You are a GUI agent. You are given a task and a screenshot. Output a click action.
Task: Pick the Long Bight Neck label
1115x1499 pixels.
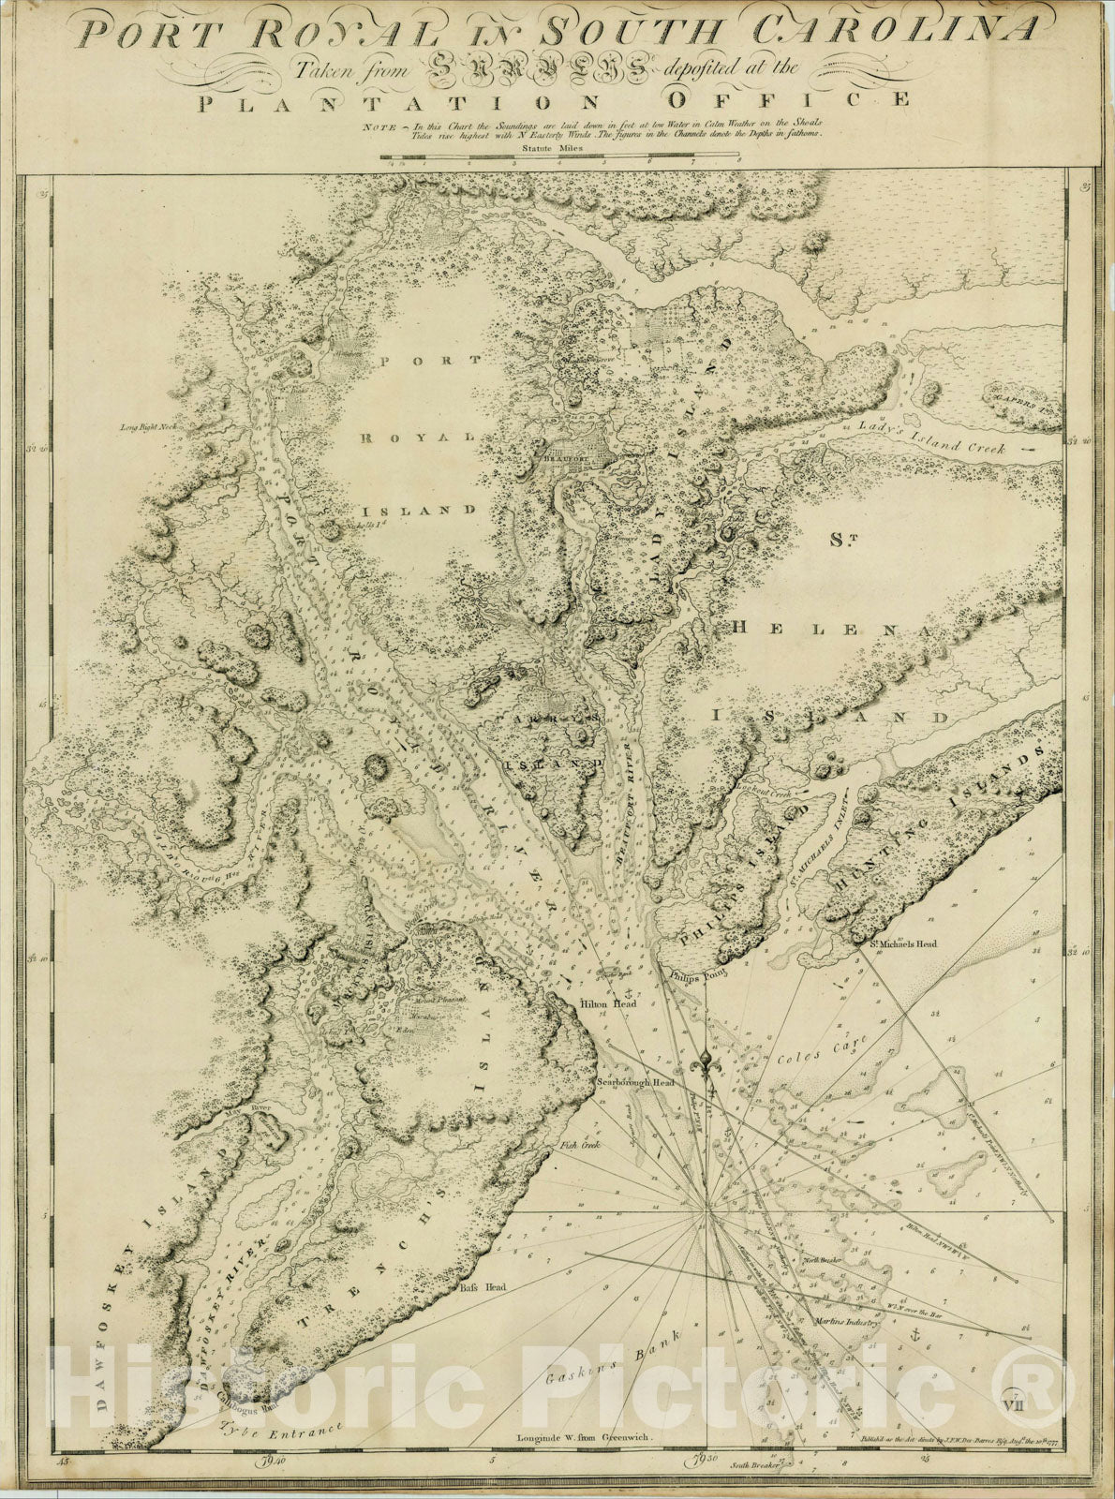tap(148, 426)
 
